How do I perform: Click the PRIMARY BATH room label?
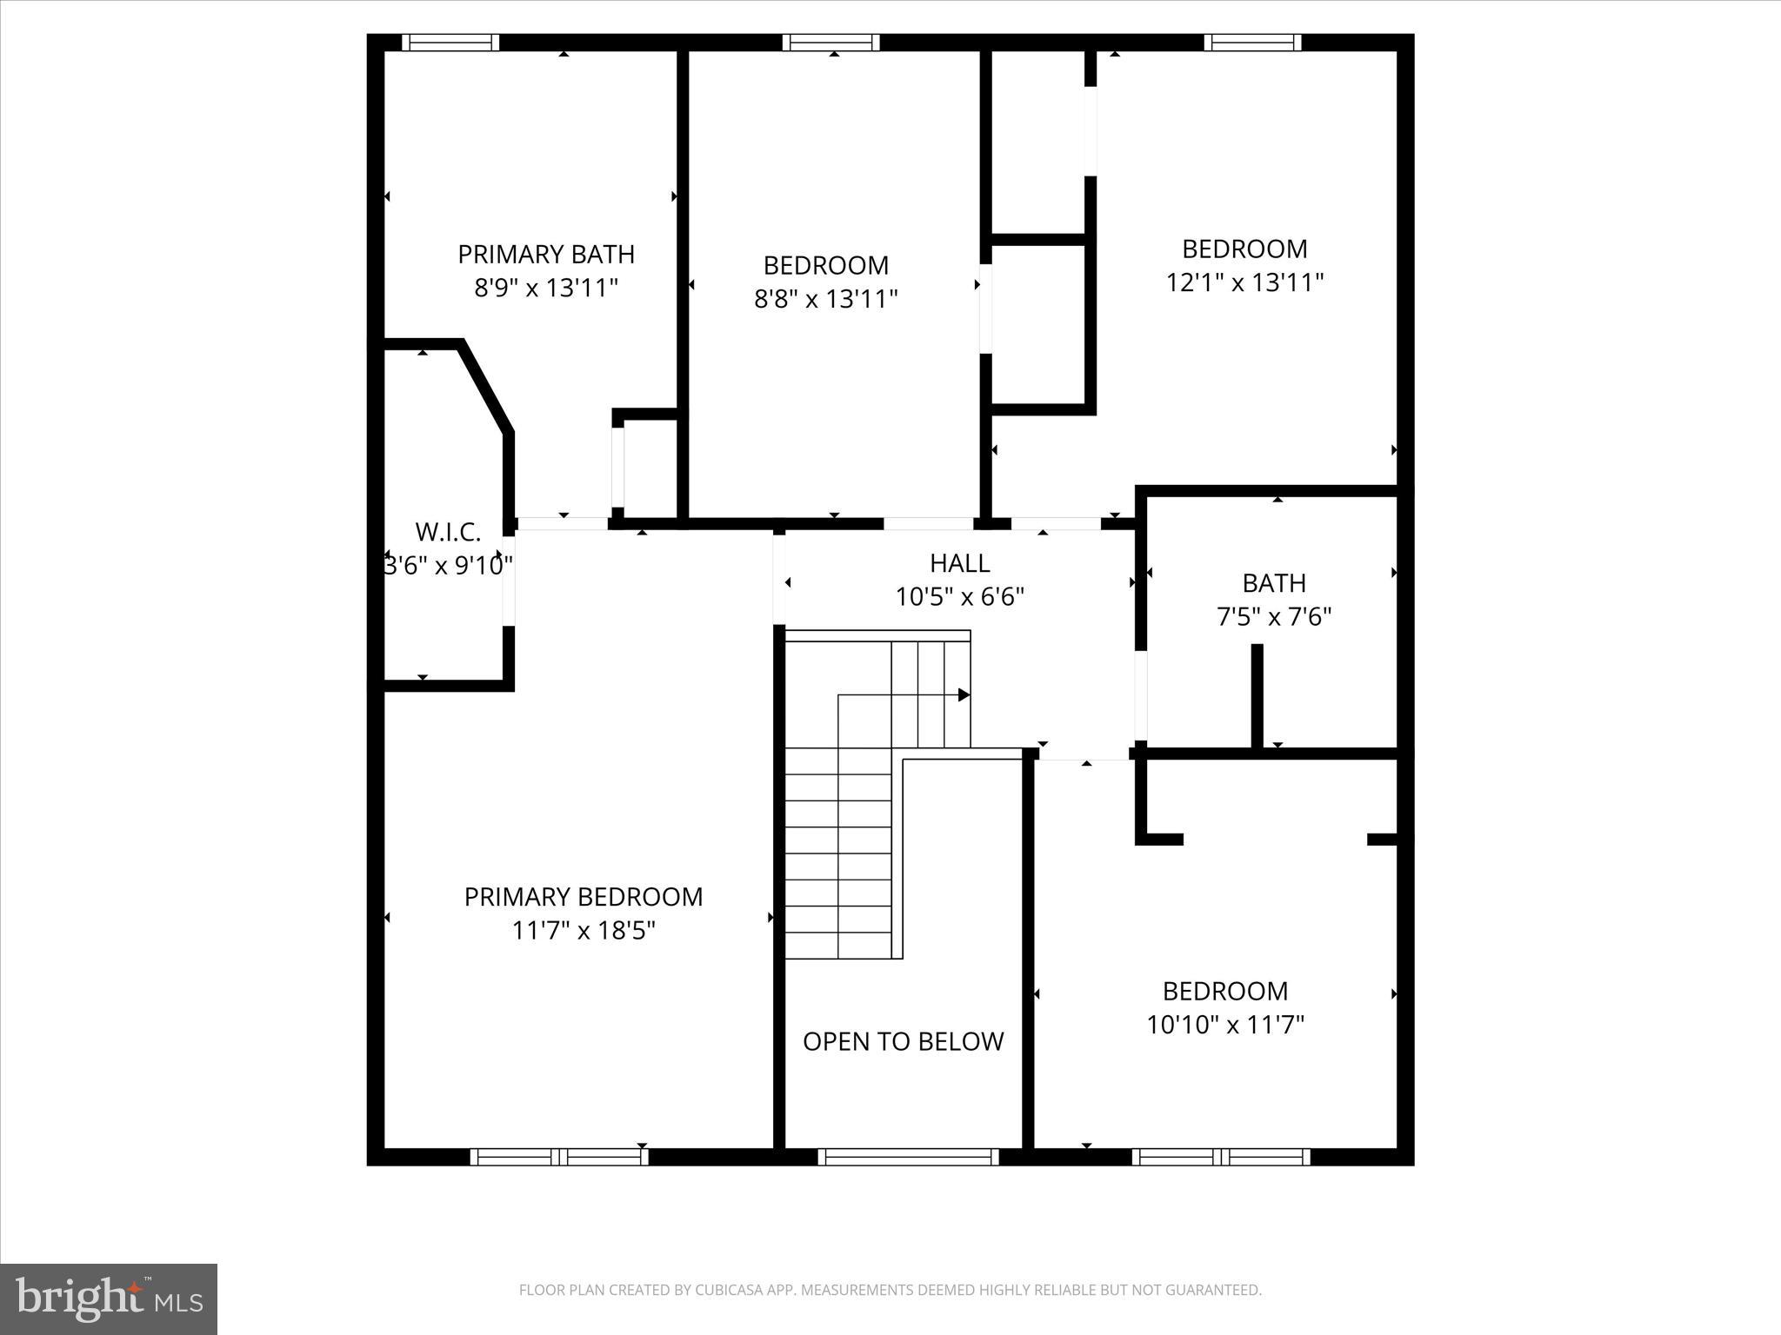tap(546, 255)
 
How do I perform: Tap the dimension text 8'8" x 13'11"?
tap(825, 300)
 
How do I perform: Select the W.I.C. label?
tap(448, 532)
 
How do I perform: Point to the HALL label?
tap(959, 563)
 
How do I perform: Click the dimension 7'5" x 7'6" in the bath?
tap(1273, 617)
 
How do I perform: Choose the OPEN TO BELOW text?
tap(903, 1041)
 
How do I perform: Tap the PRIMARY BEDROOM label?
tap(583, 897)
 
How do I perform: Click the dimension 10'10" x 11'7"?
tap(1225, 1026)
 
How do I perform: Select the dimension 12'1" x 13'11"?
tap(1244, 282)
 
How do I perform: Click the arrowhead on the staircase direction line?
tap(964, 695)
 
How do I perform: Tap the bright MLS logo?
tap(109, 1298)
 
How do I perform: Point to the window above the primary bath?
tap(450, 43)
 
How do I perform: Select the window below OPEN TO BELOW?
tap(908, 1157)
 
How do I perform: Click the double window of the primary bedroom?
tap(559, 1157)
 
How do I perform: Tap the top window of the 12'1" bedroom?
tap(1252, 43)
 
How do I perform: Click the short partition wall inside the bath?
tap(1257, 695)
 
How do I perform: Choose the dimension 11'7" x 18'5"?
tap(583, 931)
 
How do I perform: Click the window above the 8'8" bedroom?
tap(830, 43)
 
